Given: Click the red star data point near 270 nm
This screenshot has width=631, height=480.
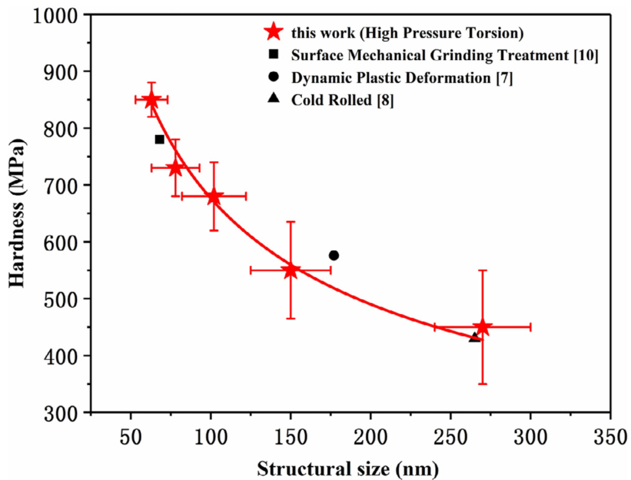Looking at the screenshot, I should [x=483, y=327].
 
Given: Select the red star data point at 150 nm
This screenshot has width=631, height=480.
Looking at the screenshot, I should [x=290, y=270].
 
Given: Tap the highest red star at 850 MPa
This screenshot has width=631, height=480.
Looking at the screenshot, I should [x=151, y=99].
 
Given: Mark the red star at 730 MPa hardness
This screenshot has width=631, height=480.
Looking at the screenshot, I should [x=175, y=168].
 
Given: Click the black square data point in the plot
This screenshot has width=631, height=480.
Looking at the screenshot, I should [x=160, y=139].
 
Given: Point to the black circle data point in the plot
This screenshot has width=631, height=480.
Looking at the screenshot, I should [x=334, y=255].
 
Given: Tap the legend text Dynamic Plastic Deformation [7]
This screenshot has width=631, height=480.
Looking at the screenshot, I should [x=402, y=78].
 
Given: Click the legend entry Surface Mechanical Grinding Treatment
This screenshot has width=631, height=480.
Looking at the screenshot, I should [x=445, y=56].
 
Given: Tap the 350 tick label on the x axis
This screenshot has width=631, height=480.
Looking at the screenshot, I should [x=610, y=437].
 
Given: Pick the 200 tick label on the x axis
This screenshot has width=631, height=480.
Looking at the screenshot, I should [x=370, y=437].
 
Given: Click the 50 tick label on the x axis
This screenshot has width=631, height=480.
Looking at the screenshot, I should [x=131, y=437].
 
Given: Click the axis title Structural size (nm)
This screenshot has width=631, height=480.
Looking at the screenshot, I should [x=348, y=468].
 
